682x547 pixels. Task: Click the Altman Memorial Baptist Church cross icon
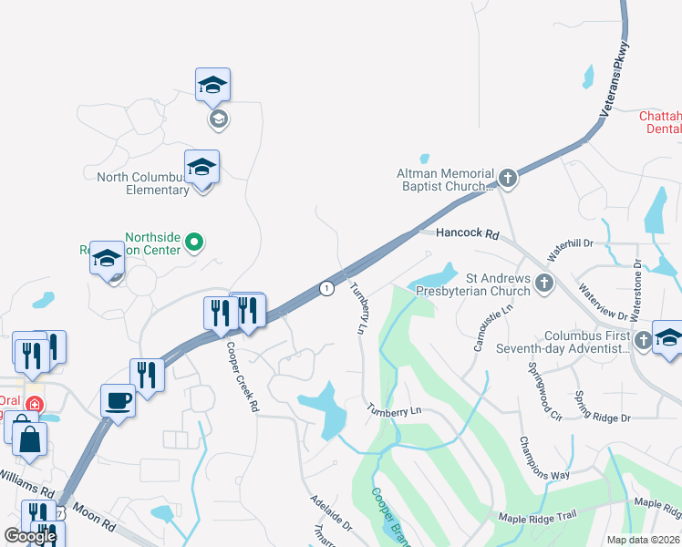coord(508,179)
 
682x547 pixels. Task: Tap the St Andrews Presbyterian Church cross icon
coord(544,283)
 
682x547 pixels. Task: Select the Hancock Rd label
coord(468,234)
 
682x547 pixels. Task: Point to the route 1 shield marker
coord(326,288)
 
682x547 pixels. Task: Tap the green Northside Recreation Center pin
coord(193,243)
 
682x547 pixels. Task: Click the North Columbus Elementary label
coord(144,183)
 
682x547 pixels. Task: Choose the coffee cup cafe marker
coord(119,400)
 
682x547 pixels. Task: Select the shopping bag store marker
coord(30,439)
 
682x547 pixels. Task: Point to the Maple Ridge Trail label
coord(537,517)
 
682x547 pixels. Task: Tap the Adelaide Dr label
coord(331,514)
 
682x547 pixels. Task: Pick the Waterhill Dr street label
coord(570,245)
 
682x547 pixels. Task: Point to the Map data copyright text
coord(643,540)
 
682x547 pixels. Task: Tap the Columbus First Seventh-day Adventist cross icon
coord(643,340)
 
